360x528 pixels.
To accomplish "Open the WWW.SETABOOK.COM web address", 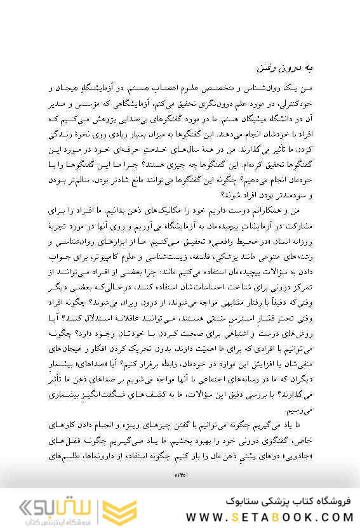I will point(260,514).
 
